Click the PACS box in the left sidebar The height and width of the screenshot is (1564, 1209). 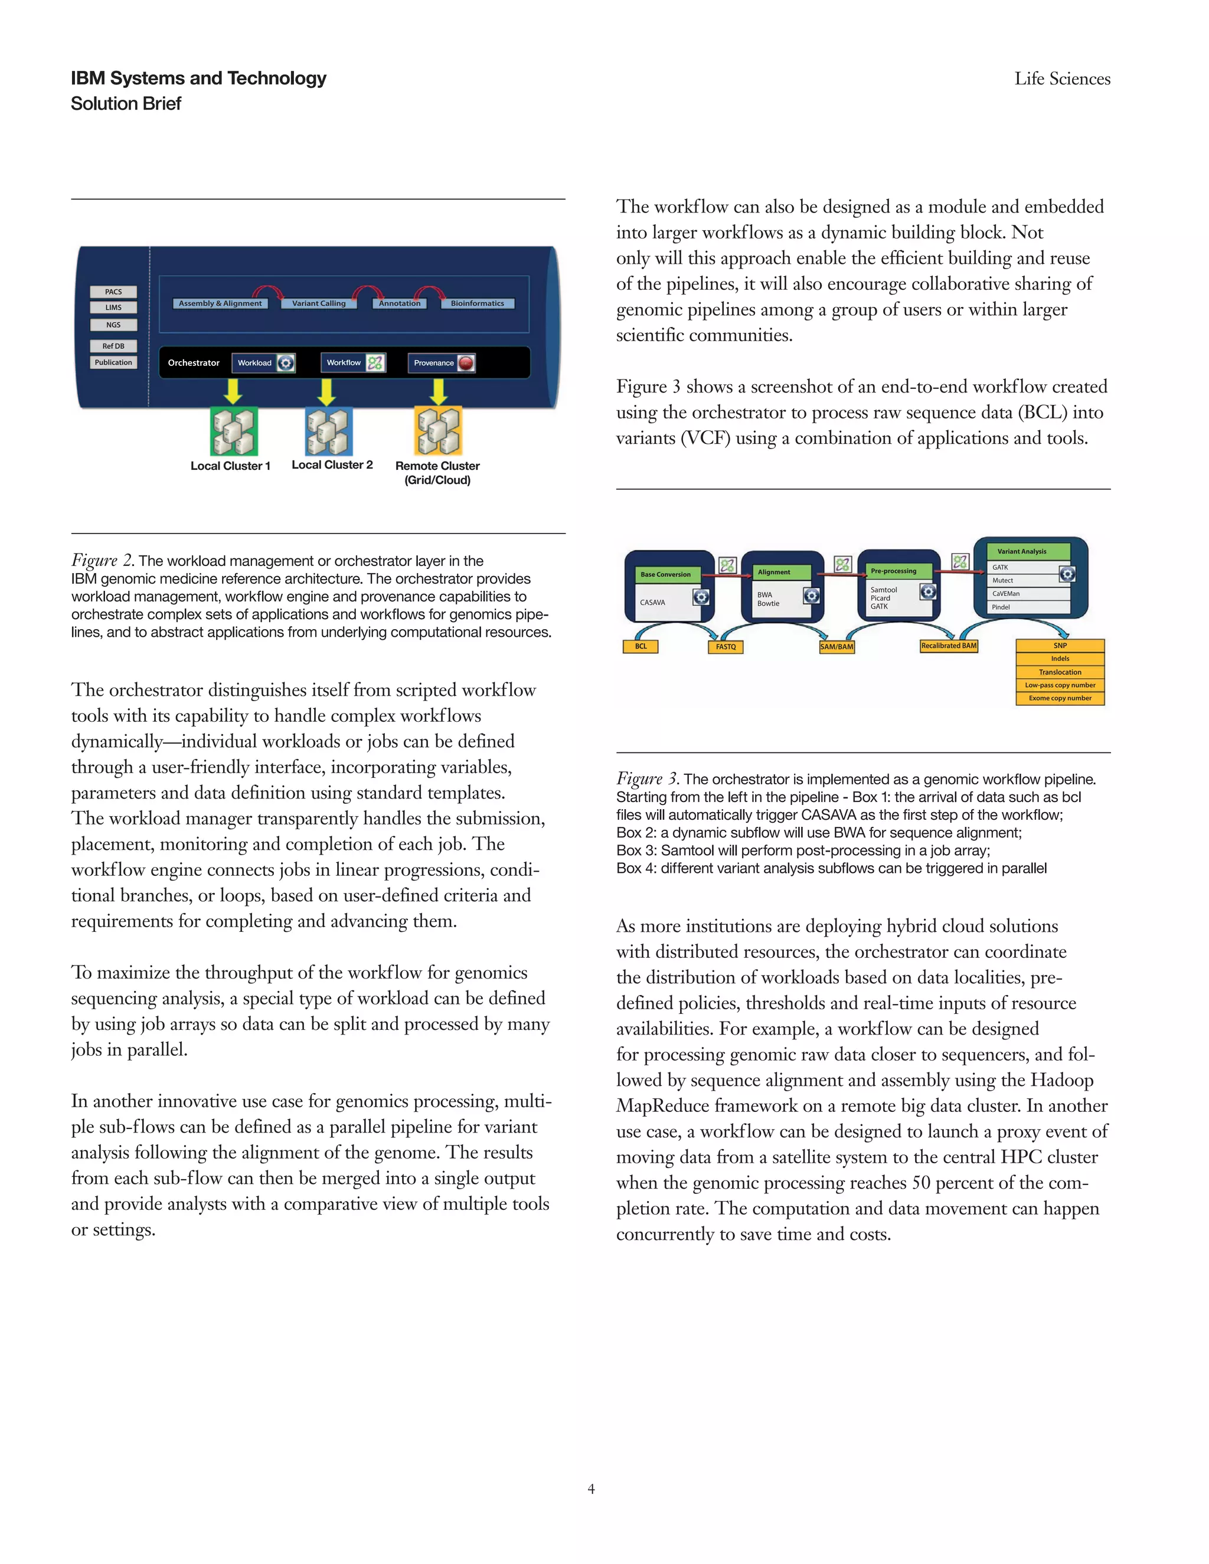click(x=113, y=292)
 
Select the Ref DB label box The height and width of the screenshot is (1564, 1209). click(x=113, y=346)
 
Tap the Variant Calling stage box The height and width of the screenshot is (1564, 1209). click(x=319, y=303)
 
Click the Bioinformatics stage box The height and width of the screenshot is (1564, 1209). click(x=477, y=303)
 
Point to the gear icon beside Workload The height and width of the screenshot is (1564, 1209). click(x=286, y=363)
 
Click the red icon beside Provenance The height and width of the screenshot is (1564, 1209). click(x=466, y=363)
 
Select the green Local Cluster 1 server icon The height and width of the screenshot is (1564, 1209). click(x=234, y=431)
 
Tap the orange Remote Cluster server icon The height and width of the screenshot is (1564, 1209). click(x=439, y=431)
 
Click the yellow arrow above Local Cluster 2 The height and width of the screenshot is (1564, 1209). click(x=326, y=391)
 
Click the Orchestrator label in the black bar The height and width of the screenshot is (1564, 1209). click(x=194, y=363)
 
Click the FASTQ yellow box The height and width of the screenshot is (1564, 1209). click(x=726, y=647)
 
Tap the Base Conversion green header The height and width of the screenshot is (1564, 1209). click(x=665, y=574)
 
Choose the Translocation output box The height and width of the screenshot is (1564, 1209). click(x=1060, y=672)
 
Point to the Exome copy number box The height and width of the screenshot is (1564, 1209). click(x=1060, y=698)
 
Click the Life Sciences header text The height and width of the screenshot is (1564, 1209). click(x=1062, y=78)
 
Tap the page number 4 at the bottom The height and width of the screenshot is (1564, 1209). click(x=591, y=1489)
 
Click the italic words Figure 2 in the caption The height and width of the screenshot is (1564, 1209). click(x=102, y=561)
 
